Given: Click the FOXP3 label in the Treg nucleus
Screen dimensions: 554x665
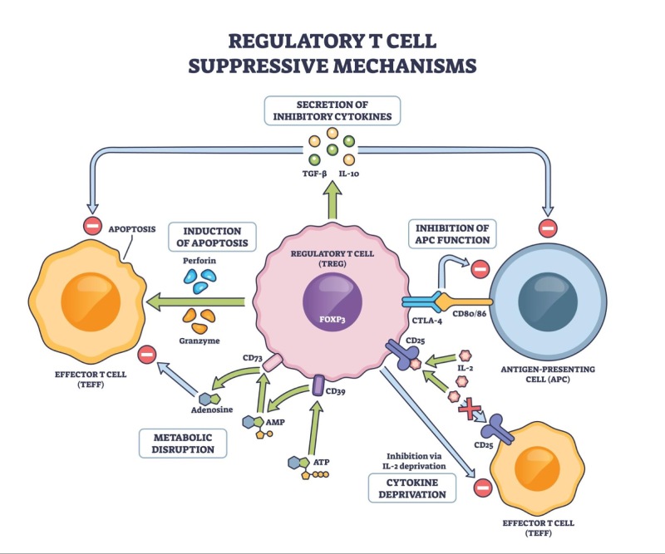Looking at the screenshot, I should tap(331, 316).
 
